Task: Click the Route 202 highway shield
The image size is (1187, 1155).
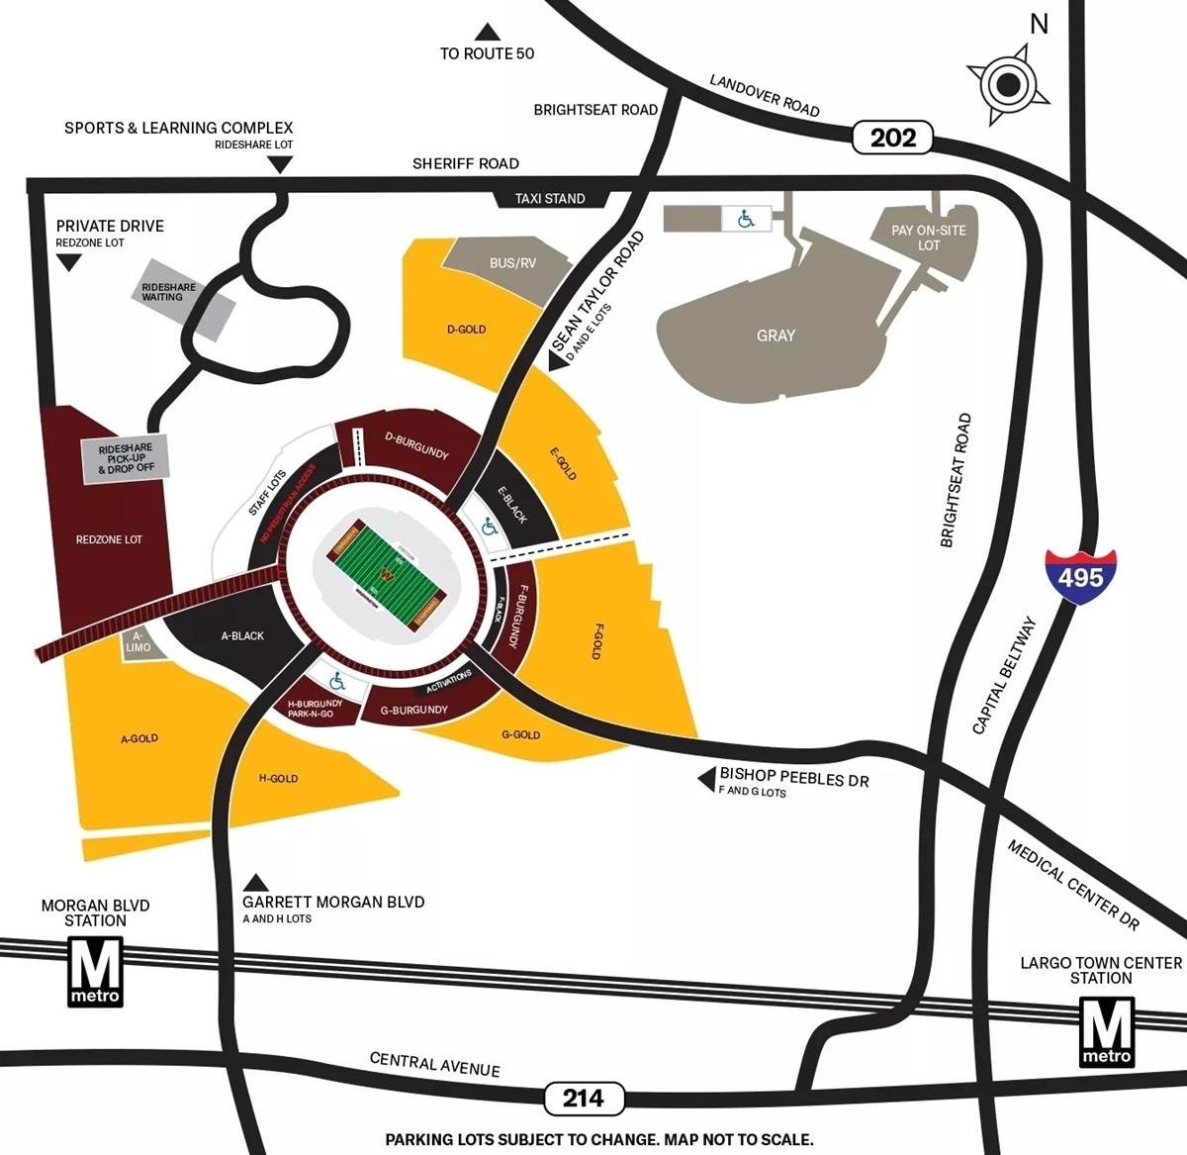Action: tap(892, 138)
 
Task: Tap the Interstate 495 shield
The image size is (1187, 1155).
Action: tap(1080, 574)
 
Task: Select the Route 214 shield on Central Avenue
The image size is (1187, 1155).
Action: tap(584, 1098)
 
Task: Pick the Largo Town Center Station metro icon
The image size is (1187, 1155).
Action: tap(1106, 1031)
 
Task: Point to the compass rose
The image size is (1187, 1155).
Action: tap(1007, 85)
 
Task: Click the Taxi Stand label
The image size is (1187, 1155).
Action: tap(550, 199)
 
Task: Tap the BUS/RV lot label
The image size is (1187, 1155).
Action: tap(512, 263)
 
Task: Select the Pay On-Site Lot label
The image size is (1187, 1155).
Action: tap(928, 238)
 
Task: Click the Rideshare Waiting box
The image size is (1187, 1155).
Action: tap(169, 292)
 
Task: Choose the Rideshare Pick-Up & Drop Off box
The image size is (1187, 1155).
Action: tap(126, 458)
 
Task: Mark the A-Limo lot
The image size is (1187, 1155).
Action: tap(138, 642)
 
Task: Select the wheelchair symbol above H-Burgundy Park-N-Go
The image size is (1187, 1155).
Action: tap(336, 682)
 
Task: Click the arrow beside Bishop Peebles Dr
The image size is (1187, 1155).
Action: tap(706, 780)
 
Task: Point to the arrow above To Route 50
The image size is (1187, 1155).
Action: tap(487, 33)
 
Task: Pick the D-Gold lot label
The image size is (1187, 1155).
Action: tap(466, 330)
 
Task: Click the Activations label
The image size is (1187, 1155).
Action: tap(449, 681)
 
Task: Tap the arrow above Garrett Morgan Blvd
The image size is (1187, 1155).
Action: tap(257, 882)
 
